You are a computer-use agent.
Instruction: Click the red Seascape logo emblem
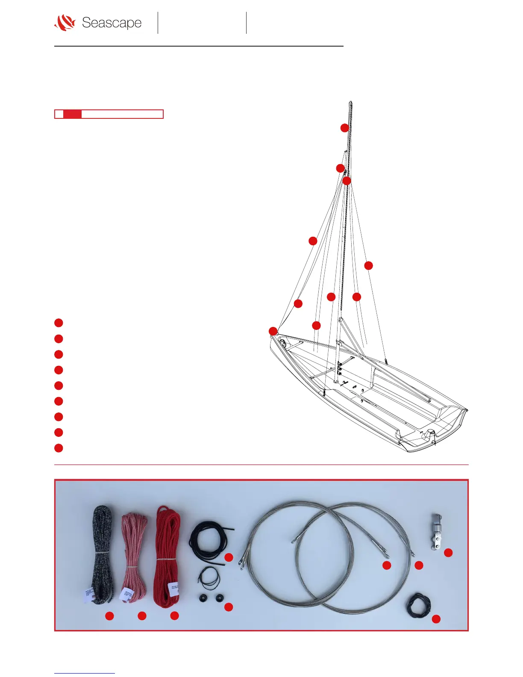click(x=65, y=23)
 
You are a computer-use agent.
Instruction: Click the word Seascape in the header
click(x=112, y=23)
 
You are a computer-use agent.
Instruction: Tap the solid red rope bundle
click(x=167, y=551)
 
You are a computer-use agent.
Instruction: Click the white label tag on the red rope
click(x=174, y=589)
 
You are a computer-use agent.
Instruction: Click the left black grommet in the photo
click(x=203, y=598)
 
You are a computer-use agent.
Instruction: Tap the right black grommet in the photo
click(x=220, y=598)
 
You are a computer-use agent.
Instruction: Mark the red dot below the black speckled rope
click(x=110, y=615)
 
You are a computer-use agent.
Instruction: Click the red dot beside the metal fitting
click(x=448, y=553)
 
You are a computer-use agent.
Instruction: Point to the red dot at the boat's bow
click(x=273, y=331)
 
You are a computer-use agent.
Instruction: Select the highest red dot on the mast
click(x=345, y=128)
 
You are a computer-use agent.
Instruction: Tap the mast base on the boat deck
click(x=336, y=380)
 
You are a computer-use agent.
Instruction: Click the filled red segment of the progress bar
click(x=72, y=114)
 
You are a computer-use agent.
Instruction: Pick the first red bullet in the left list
click(x=59, y=323)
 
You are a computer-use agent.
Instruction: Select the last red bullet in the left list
click(x=59, y=448)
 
